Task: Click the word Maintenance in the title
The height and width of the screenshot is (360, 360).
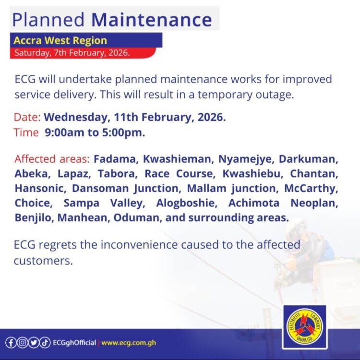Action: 151,19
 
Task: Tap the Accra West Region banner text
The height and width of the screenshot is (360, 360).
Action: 60,40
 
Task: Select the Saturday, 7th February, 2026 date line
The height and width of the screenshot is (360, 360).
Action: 72,53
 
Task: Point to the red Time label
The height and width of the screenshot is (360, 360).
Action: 26,133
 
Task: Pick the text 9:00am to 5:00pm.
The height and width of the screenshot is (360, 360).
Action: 95,133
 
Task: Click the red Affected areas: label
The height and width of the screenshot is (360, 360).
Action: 52,159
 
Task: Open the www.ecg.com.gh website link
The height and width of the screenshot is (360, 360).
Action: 129,343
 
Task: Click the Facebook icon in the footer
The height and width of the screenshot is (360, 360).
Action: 11,343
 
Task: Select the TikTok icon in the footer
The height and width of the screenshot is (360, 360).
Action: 44,343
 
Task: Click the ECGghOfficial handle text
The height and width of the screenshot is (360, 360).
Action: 74,343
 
